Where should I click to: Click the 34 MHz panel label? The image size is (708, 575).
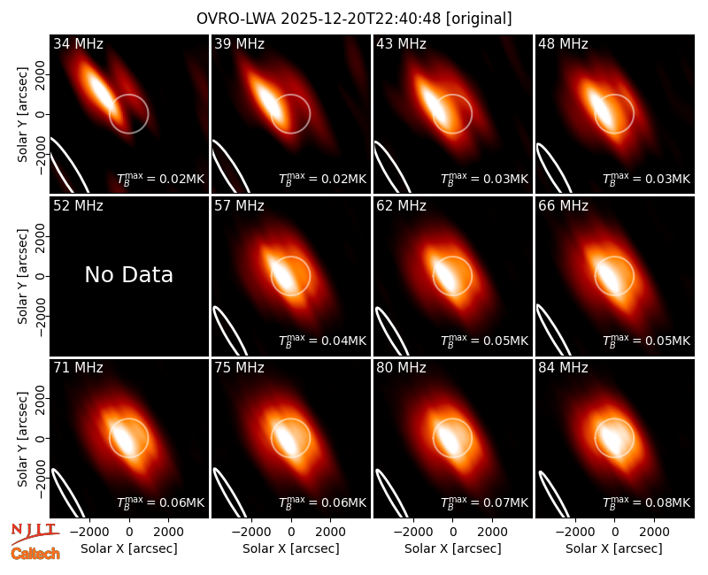78,43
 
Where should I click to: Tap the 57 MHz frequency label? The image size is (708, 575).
239,206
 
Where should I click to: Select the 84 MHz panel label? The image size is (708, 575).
563,368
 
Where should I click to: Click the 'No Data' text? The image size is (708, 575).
128,274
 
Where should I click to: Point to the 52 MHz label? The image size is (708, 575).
78,206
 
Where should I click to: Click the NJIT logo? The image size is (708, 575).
35,533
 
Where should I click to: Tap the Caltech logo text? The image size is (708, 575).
35,554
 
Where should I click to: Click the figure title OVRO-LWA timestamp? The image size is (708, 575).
354,19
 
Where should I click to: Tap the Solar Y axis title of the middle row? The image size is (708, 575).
22,276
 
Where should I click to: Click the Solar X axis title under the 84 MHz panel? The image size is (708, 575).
614,548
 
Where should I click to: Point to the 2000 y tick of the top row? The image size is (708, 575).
40,74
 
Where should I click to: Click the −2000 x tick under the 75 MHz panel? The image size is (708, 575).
251,533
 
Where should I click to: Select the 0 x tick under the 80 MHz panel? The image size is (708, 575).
453,533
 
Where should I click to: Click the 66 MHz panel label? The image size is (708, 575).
563,206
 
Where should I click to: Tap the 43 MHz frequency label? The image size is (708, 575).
401,43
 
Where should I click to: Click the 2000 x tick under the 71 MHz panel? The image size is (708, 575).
168,533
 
